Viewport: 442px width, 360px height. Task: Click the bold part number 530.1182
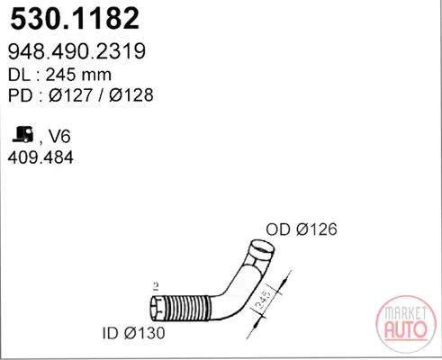coord(75,19)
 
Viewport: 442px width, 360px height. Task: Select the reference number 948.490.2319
coord(77,51)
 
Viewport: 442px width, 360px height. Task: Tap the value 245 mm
coord(78,75)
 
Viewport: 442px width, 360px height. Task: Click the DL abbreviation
coord(19,75)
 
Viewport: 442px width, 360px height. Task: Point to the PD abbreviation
coord(20,95)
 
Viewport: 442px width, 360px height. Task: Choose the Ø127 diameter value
coord(70,95)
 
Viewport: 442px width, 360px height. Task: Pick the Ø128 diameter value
coord(131,95)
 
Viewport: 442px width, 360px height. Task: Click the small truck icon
coord(23,134)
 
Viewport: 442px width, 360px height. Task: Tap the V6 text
coord(59,137)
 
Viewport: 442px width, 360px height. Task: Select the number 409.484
coord(41,157)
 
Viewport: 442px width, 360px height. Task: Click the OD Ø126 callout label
coord(302,229)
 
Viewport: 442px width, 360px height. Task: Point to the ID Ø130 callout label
coord(134,333)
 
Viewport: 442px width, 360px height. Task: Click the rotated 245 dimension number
coord(262,300)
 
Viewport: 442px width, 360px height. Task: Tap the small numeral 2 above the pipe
coord(156,287)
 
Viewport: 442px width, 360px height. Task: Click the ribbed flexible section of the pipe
coord(186,309)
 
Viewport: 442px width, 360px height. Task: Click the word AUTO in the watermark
coord(406,329)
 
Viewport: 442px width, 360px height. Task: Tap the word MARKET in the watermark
coord(405,313)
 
